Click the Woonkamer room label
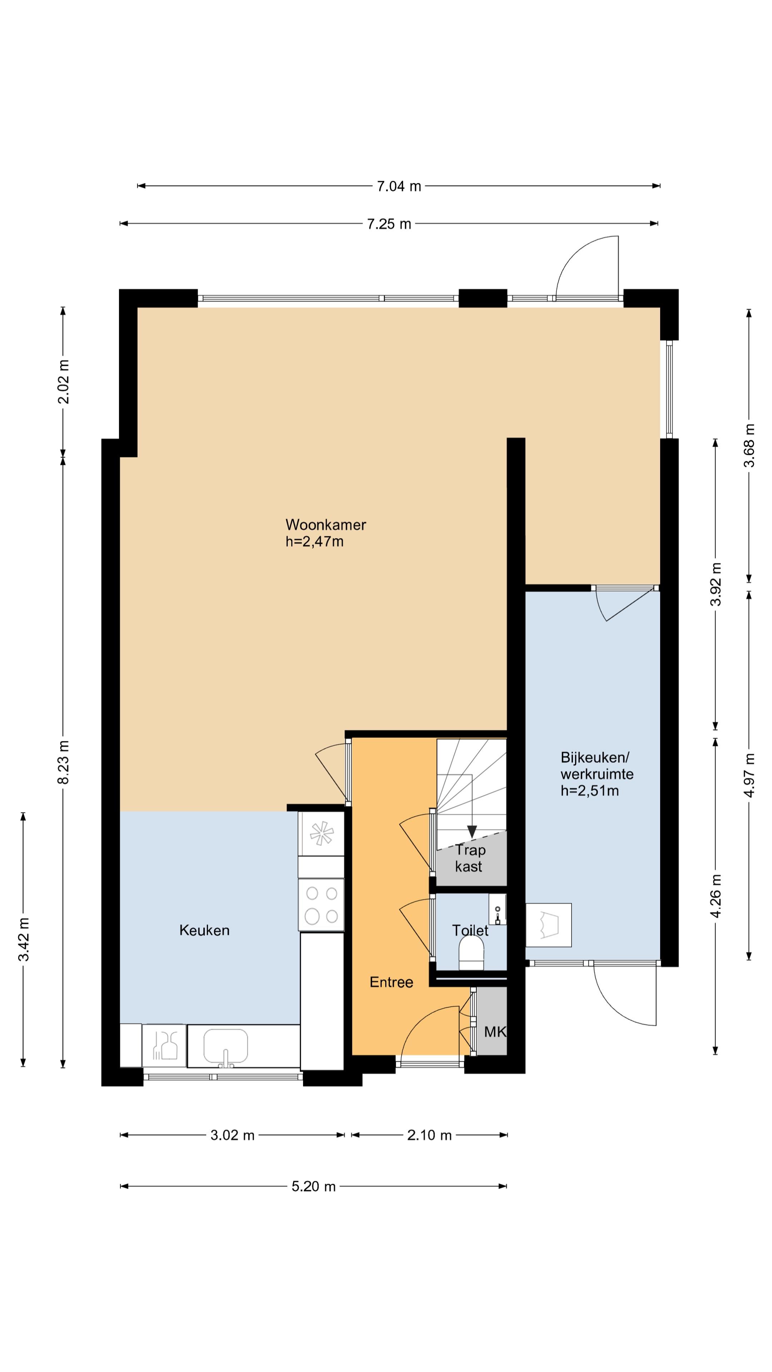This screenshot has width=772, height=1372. point(326,525)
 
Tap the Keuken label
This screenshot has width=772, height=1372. point(204,930)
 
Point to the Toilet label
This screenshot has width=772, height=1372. point(470,930)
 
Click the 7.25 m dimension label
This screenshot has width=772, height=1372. point(389,224)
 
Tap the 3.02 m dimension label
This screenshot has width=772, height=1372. point(232,1135)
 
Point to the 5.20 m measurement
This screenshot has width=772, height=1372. point(313,1186)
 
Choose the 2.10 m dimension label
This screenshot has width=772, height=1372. point(429,1135)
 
